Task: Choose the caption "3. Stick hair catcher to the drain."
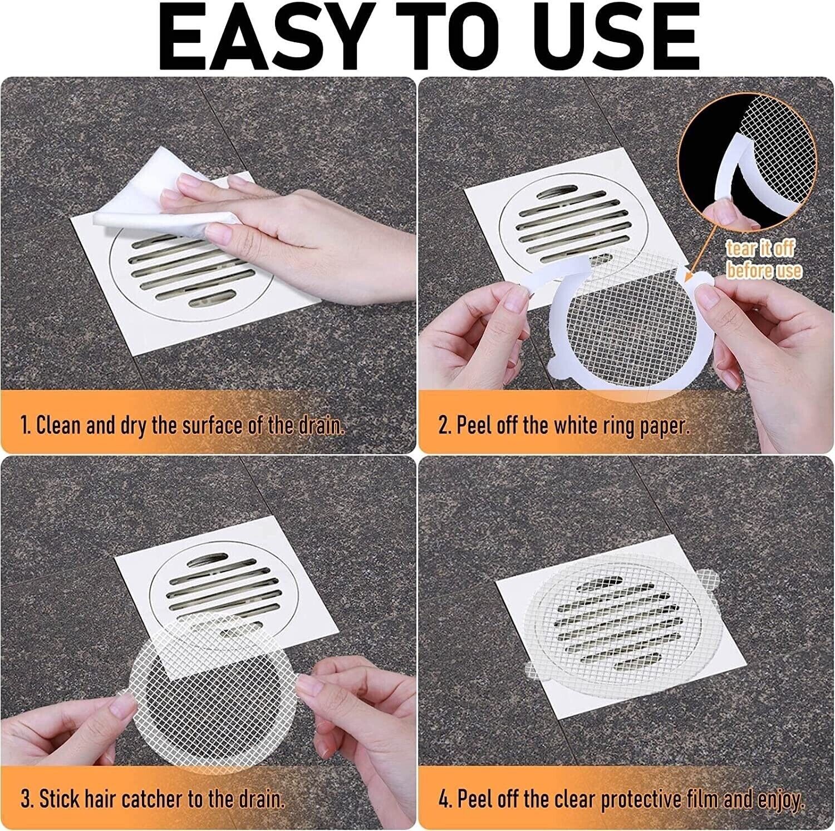153,800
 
